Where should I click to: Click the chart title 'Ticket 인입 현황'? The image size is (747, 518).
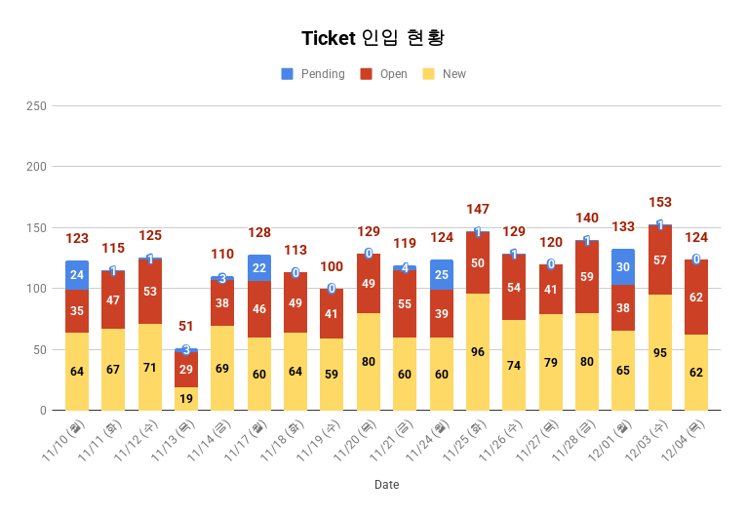tap(373, 38)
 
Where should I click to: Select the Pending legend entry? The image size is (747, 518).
tap(313, 74)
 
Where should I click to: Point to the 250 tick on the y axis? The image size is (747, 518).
tap(36, 105)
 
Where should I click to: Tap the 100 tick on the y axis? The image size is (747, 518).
tap(36, 289)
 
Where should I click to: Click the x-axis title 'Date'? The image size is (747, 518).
tap(386, 485)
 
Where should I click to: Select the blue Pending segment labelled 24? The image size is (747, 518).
tap(77, 275)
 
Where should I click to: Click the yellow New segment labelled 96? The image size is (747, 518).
tap(478, 352)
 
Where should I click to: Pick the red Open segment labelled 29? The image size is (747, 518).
tap(186, 370)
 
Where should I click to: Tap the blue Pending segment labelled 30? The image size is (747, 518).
tap(623, 267)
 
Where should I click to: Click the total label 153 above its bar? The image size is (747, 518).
tap(660, 203)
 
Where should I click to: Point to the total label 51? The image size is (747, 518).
tap(186, 326)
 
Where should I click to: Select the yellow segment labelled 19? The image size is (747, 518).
tap(186, 398)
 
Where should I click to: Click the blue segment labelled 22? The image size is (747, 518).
tap(259, 268)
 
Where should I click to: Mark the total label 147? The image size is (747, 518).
tap(478, 210)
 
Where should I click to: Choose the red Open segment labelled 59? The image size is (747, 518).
tap(587, 277)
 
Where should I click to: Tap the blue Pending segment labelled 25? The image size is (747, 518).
tap(442, 275)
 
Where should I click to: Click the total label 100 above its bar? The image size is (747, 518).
tap(333, 267)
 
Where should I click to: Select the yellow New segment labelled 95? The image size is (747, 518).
tap(660, 352)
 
